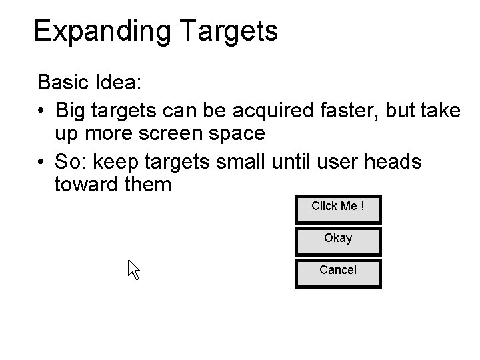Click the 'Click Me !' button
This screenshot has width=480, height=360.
coord(338,207)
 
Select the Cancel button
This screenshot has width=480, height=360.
coord(338,271)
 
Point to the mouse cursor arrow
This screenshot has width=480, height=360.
coord(133,269)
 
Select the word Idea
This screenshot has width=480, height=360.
coord(116,83)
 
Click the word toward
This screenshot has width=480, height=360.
coord(85,184)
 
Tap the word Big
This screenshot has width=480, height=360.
coord(71,109)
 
